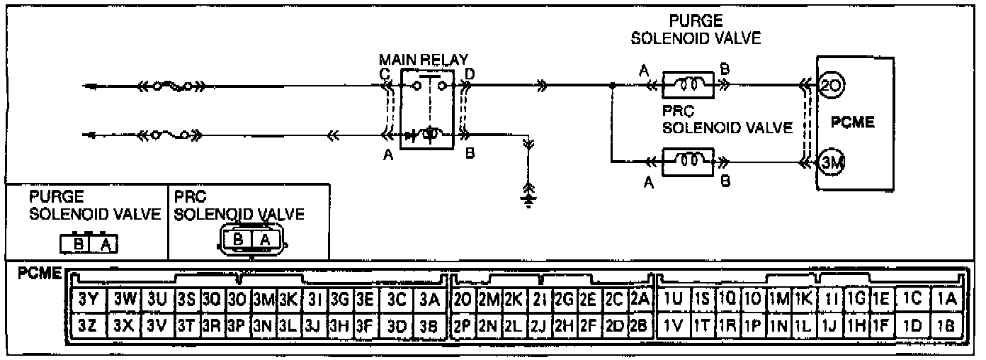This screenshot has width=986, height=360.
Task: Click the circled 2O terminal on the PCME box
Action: pos(830,86)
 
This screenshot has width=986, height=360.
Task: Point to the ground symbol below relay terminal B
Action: pos(526,192)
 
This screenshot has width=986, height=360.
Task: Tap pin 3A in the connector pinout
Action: pos(429,299)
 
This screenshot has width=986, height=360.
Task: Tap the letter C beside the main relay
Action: pos(384,72)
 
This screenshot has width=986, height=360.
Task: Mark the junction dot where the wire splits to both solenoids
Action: pos(611,86)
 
